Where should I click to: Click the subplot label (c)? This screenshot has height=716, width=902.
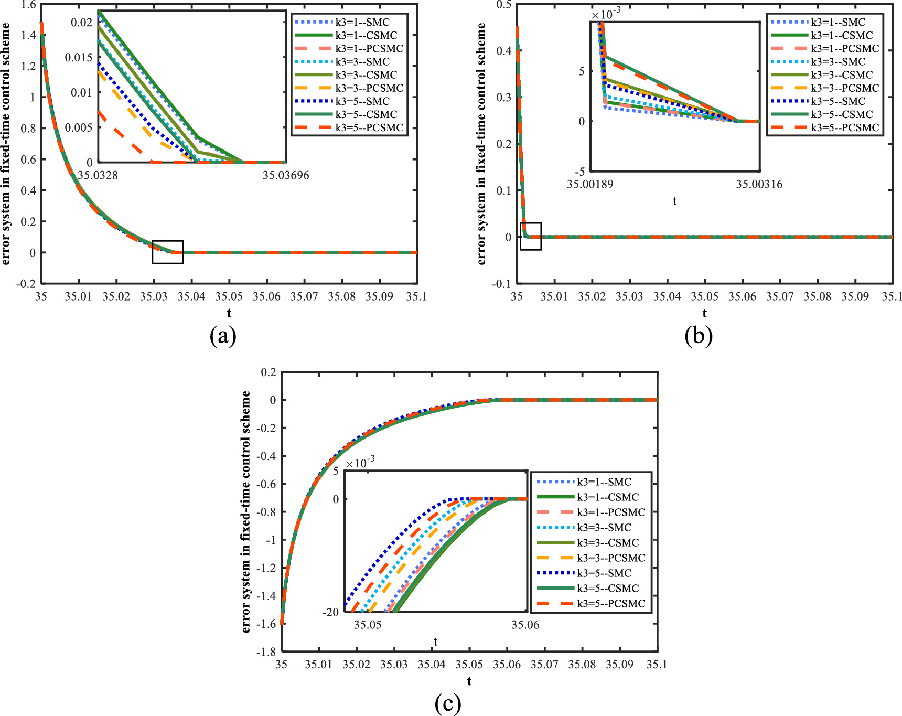[x=448, y=703]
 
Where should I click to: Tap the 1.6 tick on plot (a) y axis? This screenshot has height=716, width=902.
[x=29, y=5]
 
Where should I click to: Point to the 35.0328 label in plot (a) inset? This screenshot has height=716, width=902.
[x=98, y=175]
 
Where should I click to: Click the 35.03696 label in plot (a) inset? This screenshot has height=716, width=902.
[x=286, y=175]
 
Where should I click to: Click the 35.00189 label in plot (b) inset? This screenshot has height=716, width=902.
[x=590, y=184]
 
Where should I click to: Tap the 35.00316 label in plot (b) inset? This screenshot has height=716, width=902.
[x=759, y=184]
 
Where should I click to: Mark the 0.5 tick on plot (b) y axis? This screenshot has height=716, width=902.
[x=504, y=5]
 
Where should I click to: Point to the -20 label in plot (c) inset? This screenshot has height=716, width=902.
[x=331, y=612]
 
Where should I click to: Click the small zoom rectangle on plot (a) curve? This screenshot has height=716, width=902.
[x=168, y=252]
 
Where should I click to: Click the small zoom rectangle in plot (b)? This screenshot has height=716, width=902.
[x=530, y=236]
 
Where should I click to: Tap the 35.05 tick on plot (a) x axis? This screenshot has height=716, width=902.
[x=229, y=296]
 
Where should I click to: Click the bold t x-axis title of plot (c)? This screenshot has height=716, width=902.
[x=469, y=681]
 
